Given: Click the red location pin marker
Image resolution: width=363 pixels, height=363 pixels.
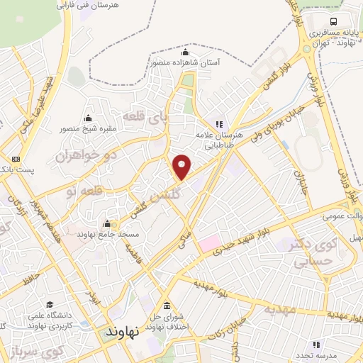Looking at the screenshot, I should [x=183, y=167].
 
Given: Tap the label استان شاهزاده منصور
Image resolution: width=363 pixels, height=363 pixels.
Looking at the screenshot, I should [x=186, y=63].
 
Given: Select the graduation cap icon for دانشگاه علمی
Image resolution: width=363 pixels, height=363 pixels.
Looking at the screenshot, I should [x=48, y=304].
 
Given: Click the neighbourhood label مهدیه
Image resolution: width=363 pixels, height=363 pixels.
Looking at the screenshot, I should [x=278, y=310].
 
